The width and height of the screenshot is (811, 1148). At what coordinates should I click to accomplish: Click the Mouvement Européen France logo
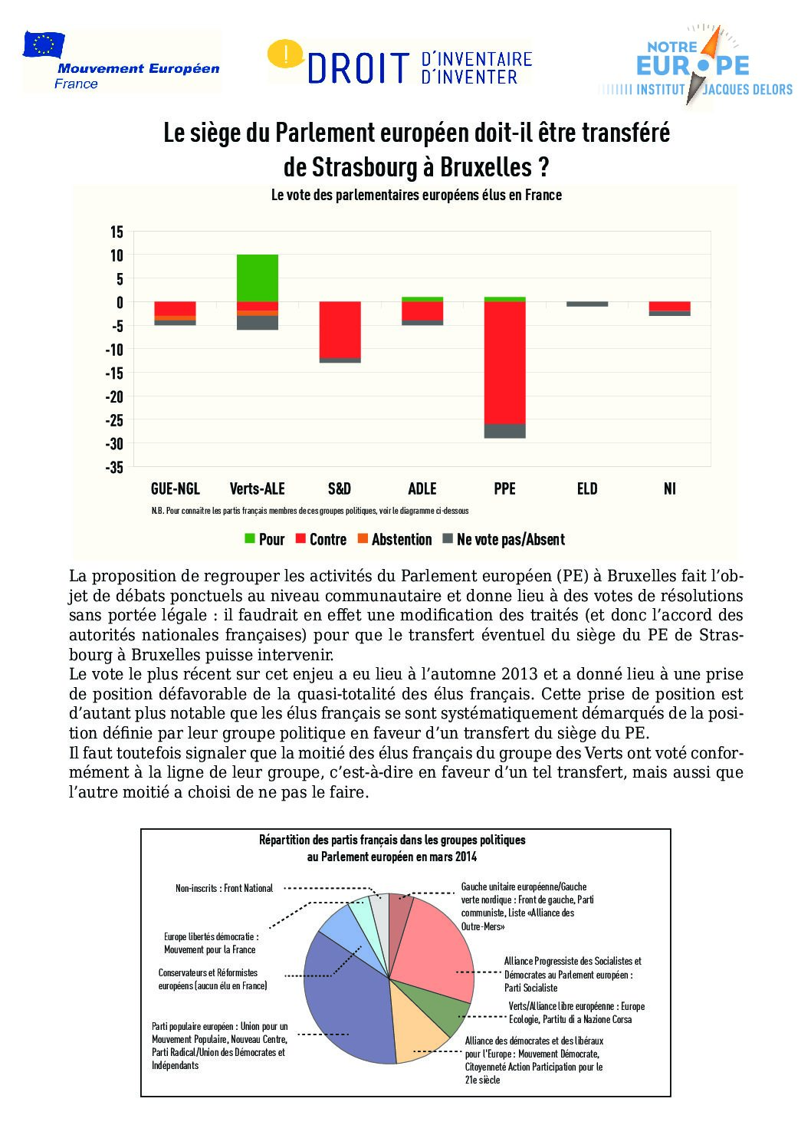pyautogui.click(x=121, y=61)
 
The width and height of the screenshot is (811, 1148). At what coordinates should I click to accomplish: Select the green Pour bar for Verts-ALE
pyautogui.click(x=258, y=278)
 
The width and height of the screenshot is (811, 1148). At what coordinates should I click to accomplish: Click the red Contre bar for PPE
pyautogui.click(x=504, y=362)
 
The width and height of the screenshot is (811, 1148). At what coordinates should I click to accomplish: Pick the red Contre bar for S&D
pyautogui.click(x=340, y=330)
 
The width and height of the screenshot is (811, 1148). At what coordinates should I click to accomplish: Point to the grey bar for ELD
pyautogui.click(x=587, y=304)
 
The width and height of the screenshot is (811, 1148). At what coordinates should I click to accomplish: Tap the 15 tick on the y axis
pyautogui.click(x=117, y=231)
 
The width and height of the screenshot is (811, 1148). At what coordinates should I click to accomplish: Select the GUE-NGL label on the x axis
pyautogui.click(x=175, y=488)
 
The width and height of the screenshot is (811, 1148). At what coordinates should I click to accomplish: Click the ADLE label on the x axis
pyautogui.click(x=422, y=488)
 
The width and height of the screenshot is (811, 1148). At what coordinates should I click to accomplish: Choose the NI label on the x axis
pyautogui.click(x=670, y=488)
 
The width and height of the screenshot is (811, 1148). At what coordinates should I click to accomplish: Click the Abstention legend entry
pyautogui.click(x=394, y=539)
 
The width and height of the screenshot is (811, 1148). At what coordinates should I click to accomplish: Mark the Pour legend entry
pyautogui.click(x=264, y=539)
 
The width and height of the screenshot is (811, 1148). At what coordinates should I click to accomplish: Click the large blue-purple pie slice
pyautogui.click(x=345, y=997)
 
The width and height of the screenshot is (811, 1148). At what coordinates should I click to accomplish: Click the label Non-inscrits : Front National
pyautogui.click(x=224, y=888)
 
